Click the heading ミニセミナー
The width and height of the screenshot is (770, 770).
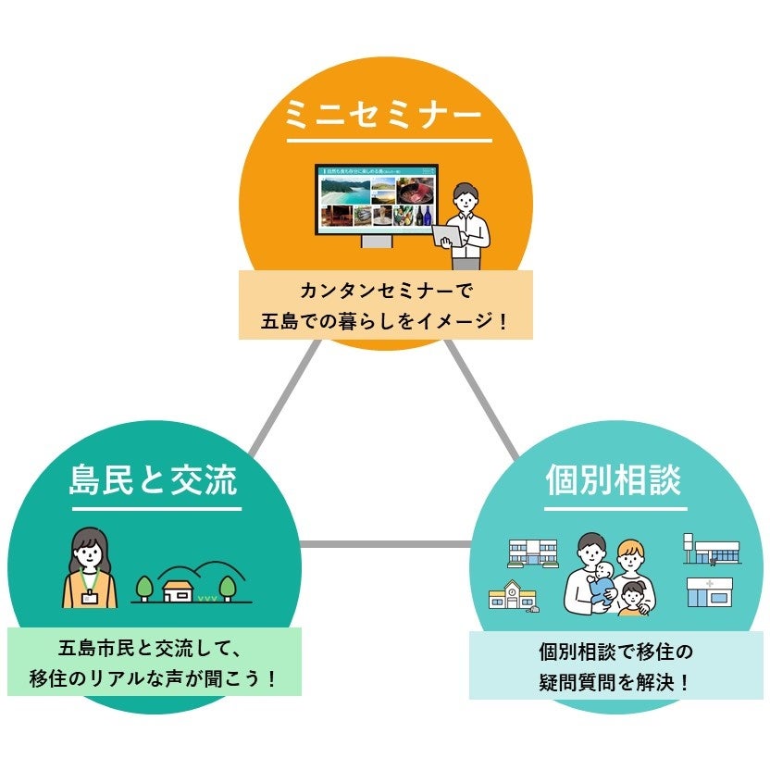point(384,116)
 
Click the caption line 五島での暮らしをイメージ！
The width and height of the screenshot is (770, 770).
point(385,323)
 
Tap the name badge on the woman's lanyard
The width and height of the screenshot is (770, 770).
point(90,598)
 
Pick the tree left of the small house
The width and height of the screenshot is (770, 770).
point(144,587)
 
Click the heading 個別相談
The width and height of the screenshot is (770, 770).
point(615,480)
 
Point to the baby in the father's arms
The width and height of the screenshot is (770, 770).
point(601,583)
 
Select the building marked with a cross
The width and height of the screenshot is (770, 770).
point(709,591)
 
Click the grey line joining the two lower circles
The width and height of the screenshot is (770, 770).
point(385,544)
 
